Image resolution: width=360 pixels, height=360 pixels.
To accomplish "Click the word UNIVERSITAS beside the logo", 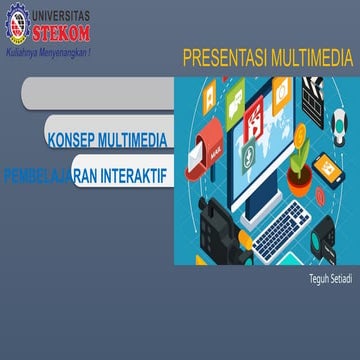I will click(x=61, y=13).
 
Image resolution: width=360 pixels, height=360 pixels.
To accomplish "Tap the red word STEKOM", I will click(x=62, y=30).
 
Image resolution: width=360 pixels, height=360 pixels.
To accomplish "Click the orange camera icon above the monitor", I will click(x=283, y=90).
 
